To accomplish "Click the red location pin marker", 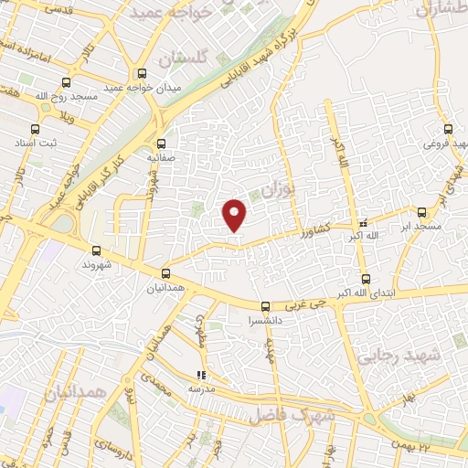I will point(235,214).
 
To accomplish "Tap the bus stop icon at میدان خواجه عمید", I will point(142,74).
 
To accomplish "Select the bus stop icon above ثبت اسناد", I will point(35,130).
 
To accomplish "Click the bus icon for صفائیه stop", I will point(161,143).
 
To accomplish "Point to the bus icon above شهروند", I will point(97,250).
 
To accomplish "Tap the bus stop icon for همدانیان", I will point(165,272).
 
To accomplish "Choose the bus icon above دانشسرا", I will point(265,306).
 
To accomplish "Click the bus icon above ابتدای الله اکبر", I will point(366,279).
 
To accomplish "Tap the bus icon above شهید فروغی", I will point(448,129).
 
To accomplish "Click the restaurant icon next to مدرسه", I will point(202,374).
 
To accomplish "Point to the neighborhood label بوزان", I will point(273,191).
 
